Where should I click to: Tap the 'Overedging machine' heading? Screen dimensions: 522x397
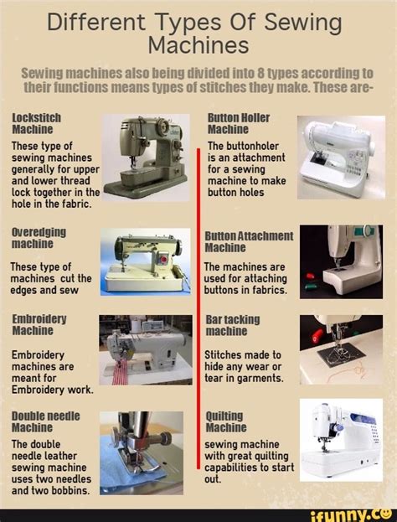(39, 237)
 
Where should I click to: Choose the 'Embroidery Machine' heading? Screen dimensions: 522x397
(39, 325)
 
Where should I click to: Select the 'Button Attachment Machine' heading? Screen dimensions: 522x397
(249, 242)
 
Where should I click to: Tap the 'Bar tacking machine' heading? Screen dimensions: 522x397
(233, 325)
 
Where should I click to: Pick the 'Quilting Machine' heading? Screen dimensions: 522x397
(225, 421)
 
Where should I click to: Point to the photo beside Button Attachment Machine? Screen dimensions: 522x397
(341, 261)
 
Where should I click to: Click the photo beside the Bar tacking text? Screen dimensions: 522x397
(341, 349)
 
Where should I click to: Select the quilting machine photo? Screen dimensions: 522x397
(341, 440)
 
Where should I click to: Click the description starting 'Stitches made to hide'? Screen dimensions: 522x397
(244, 365)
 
